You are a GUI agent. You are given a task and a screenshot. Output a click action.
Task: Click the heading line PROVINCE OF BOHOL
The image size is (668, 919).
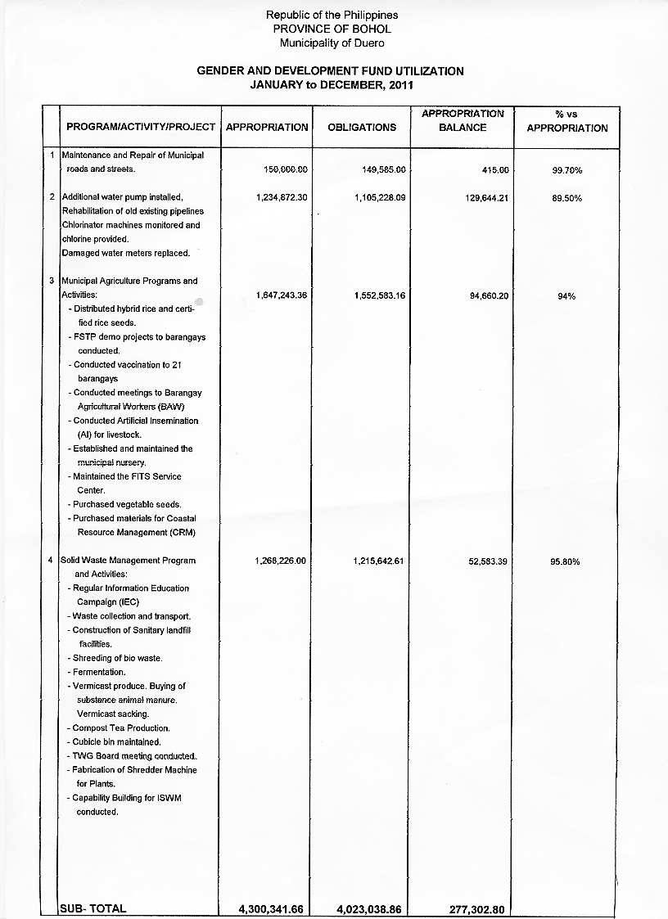point(332,29)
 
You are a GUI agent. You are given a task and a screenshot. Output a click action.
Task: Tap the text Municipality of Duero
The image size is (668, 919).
point(332,43)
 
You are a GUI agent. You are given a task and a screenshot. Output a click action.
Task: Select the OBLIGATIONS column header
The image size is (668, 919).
point(362,128)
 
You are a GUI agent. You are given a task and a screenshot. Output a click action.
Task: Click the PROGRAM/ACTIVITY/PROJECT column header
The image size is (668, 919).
point(141,128)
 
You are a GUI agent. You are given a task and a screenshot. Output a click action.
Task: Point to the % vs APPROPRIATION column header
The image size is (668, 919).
point(566,121)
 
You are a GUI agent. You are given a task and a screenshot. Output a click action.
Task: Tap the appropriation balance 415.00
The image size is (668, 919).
point(494,169)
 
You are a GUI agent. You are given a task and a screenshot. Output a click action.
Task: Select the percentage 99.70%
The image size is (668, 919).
point(566,170)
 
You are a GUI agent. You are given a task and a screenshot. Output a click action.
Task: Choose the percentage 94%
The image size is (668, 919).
point(566,296)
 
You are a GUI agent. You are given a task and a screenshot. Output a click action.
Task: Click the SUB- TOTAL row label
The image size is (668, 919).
point(93,908)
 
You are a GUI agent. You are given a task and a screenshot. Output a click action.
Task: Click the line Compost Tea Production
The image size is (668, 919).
point(120,728)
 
